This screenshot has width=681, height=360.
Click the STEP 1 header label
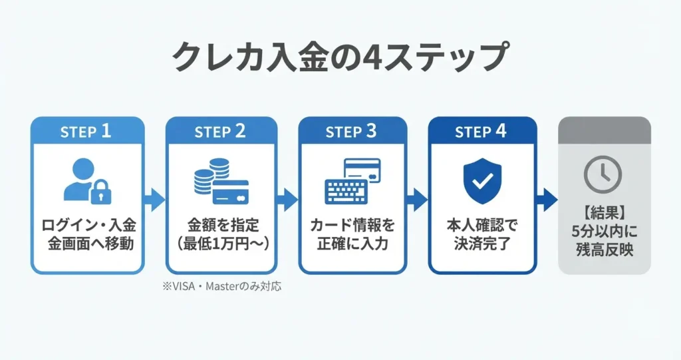(86, 131)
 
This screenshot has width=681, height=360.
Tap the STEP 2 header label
(220, 131)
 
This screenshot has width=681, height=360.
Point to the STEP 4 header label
(481, 131)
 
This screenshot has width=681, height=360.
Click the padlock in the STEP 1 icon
(100, 192)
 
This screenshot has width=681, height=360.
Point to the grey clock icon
(603, 175)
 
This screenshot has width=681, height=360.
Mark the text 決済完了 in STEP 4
(481, 243)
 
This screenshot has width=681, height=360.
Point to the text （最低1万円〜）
(220, 244)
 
